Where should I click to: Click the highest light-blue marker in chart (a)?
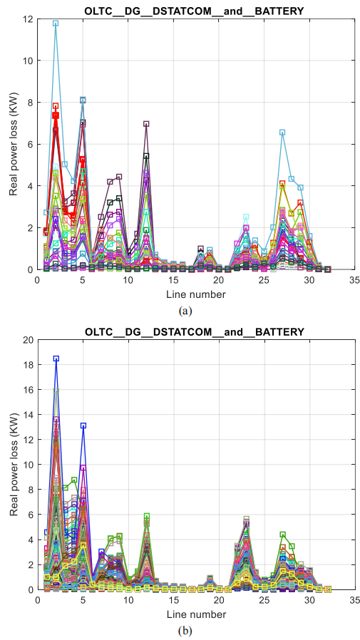pyautogui.click(x=56, y=24)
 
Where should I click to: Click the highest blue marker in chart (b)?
pyautogui.click(x=56, y=358)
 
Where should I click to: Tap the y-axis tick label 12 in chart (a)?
pyautogui.click(x=29, y=19)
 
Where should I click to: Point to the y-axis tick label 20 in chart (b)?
pyautogui.click(x=29, y=339)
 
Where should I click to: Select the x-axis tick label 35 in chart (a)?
pyautogui.click(x=355, y=280)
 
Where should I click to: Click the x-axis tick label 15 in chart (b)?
pyautogui.click(x=173, y=600)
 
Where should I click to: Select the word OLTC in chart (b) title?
pyautogui.click(x=97, y=332)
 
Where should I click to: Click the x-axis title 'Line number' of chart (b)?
pyautogui.click(x=196, y=614)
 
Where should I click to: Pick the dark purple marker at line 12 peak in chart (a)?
pyautogui.click(x=146, y=124)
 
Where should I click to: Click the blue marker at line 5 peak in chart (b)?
pyautogui.click(x=83, y=425)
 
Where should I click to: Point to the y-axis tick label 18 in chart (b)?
pyautogui.click(x=29, y=364)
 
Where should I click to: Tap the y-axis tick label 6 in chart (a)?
pyautogui.click(x=31, y=144)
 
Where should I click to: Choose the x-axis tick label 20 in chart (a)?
pyautogui.click(x=219, y=280)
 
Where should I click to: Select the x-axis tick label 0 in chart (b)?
pyautogui.click(x=38, y=600)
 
